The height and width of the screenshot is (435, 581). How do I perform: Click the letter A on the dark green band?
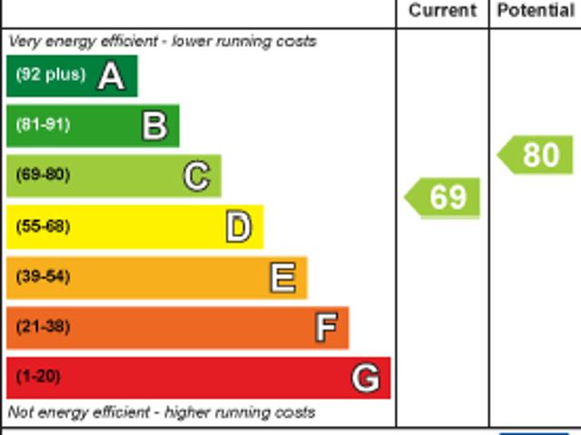pos(111,75)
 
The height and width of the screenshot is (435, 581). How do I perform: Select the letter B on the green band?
pos(154,125)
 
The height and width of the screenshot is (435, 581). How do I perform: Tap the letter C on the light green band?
pos(196,175)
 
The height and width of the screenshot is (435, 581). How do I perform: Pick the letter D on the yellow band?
pos(238,226)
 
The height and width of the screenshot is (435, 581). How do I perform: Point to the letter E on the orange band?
pos(282,277)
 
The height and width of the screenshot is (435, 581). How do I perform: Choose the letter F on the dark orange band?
pos(326,327)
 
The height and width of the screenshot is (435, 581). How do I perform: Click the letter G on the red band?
pos(366,377)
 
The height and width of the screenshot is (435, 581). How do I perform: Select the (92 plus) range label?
pos(51,74)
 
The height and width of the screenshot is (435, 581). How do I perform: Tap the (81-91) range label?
pos(43,124)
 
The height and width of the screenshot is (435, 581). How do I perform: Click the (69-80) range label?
pos(43,174)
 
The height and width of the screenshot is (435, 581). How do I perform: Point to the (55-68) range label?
pos(43,226)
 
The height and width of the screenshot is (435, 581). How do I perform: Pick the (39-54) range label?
pos(43,276)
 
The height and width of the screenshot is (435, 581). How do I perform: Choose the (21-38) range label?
pos(43,326)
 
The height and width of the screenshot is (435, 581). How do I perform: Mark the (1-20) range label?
pos(38,376)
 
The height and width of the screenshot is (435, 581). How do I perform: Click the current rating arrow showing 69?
pos(443,197)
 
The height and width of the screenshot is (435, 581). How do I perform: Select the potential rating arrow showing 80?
pos(537,154)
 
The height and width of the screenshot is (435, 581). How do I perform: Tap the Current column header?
pos(442,11)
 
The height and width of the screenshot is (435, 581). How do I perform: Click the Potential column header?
pos(536,11)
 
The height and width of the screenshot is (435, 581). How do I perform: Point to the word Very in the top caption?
pos(24,41)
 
